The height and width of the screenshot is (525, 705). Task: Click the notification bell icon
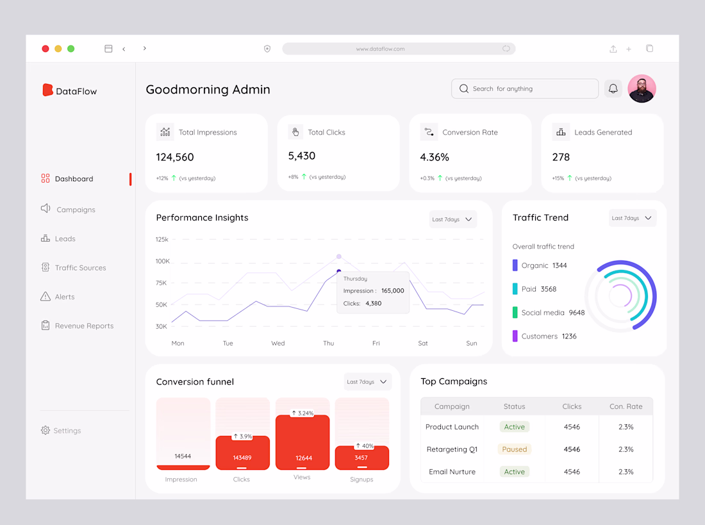click(x=613, y=88)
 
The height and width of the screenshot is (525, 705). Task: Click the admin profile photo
click(x=642, y=88)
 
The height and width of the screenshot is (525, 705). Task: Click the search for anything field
click(x=525, y=88)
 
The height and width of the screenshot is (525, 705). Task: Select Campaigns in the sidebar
click(x=75, y=210)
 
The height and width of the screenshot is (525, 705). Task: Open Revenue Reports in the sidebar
click(x=83, y=326)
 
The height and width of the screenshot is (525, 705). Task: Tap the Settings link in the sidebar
click(x=67, y=431)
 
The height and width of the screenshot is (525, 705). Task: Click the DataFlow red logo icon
click(x=47, y=90)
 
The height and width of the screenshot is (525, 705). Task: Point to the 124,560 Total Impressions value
click(x=175, y=157)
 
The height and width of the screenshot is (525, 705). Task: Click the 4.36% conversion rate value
click(x=435, y=157)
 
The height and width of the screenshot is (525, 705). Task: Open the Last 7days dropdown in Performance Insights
click(x=453, y=219)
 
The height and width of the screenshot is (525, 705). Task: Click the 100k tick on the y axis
click(x=163, y=261)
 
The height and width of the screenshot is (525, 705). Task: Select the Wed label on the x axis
click(x=278, y=344)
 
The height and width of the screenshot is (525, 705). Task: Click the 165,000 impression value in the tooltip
click(x=392, y=290)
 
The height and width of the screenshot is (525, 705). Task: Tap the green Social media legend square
click(x=515, y=313)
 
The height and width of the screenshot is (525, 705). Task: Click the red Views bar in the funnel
click(x=303, y=442)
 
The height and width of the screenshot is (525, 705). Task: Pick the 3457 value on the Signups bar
click(x=361, y=458)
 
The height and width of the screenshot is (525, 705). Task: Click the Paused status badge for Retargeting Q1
click(x=514, y=449)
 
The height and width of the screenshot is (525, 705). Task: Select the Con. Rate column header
click(x=626, y=406)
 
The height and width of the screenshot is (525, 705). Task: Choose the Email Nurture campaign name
click(x=452, y=472)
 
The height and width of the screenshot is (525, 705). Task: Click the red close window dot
click(x=46, y=49)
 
